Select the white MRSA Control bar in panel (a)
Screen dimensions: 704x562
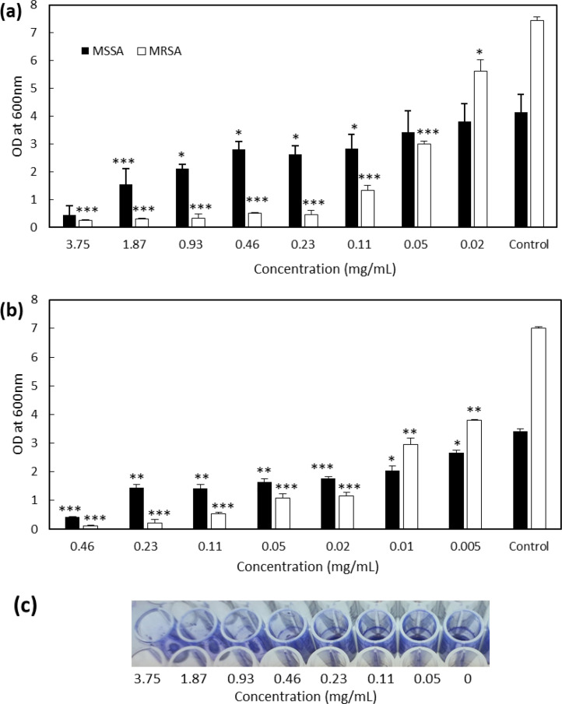[x=537, y=124]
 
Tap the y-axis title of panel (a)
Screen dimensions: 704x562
[x=13, y=117]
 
